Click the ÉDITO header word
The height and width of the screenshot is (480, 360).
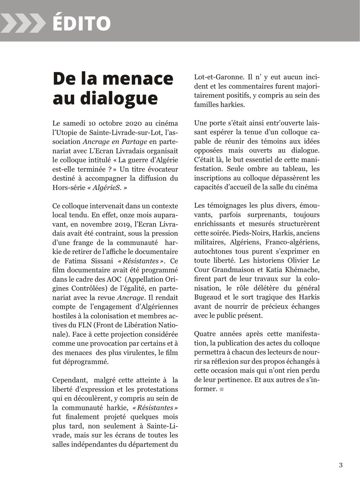click(81, 23)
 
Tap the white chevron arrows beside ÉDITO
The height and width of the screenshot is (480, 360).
click(22, 23)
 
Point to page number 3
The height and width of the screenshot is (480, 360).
click(341, 465)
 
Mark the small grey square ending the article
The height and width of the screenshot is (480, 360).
click(222, 389)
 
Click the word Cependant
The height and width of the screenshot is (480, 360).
click(69, 380)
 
